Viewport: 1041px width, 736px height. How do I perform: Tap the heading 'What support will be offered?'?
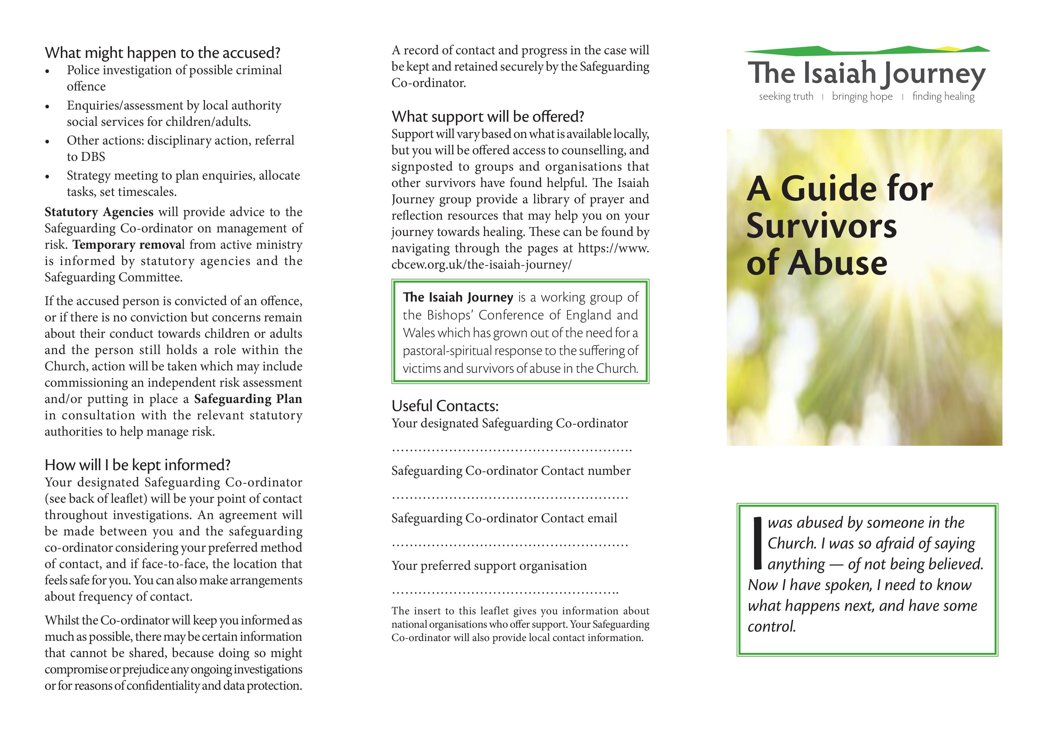(487, 117)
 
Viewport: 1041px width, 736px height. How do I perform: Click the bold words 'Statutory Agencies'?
(99, 212)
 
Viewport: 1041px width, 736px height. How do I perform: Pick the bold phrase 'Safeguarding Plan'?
(248, 399)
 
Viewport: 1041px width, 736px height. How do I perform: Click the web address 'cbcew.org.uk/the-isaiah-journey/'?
(481, 265)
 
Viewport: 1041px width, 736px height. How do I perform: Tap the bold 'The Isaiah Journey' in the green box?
(458, 297)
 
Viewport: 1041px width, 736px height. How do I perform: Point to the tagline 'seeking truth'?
(786, 96)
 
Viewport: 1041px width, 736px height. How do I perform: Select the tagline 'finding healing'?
(943, 96)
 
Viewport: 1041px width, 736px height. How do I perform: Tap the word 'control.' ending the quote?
(771, 627)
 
